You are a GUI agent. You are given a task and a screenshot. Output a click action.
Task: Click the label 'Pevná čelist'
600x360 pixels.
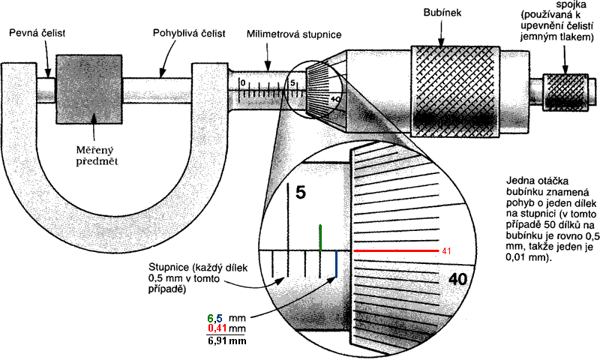(x=37, y=33)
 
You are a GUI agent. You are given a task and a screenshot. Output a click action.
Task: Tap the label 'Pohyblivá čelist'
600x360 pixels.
(x=189, y=33)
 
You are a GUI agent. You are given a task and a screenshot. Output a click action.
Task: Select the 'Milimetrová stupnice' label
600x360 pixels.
(x=294, y=34)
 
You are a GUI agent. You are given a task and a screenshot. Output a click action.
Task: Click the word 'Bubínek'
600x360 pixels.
(x=442, y=13)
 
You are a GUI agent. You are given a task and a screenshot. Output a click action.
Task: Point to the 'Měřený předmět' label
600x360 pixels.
(x=97, y=156)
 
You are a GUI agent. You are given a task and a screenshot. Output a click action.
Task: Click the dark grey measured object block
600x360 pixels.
(x=89, y=89)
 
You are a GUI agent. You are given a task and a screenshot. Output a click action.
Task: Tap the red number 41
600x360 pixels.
(x=446, y=251)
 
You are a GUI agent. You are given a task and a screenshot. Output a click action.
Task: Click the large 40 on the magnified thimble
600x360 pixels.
(x=457, y=280)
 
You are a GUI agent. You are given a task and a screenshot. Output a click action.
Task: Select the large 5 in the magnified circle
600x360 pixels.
(x=301, y=193)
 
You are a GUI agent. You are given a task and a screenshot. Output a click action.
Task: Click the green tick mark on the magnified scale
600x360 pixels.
(x=320, y=238)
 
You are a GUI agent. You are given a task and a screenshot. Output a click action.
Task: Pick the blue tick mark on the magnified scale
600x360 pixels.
(x=336, y=264)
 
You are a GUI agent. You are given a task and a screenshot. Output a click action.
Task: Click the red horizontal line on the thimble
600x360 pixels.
(x=396, y=251)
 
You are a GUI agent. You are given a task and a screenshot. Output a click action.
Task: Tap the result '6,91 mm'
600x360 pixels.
(x=227, y=340)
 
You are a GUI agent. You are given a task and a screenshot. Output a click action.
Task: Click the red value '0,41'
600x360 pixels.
(x=217, y=328)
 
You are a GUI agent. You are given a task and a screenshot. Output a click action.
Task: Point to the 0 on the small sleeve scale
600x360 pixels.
(x=242, y=83)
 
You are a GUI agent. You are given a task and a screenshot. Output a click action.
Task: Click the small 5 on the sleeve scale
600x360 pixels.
(x=292, y=83)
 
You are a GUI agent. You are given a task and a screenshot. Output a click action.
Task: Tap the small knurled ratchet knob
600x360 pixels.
(x=565, y=91)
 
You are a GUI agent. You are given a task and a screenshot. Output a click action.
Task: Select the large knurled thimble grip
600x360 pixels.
(x=455, y=91)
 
